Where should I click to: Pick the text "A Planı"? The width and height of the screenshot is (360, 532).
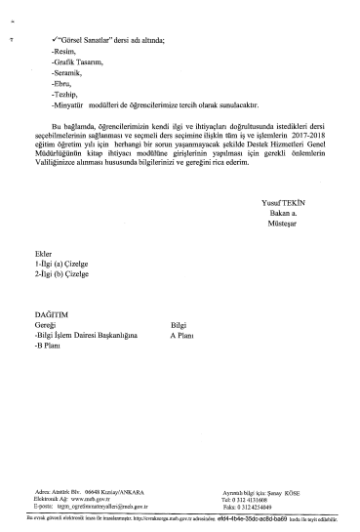181,335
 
